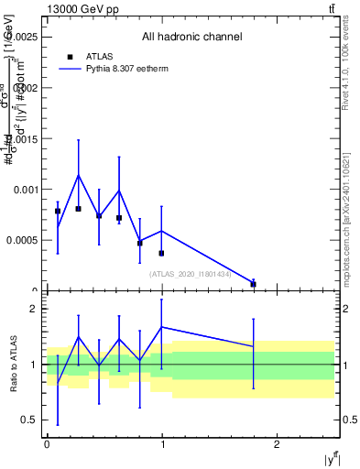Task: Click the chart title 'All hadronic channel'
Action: pyautogui.click(x=191, y=38)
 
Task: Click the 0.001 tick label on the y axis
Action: pyautogui.click(x=25, y=190)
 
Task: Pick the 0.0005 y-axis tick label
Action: pyautogui.click(x=22, y=240)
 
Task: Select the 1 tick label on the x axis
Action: pyautogui.click(x=161, y=445)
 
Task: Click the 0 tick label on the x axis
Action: pyautogui.click(x=47, y=445)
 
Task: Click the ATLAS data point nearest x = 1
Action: pyautogui.click(x=161, y=253)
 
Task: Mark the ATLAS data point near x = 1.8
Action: pyautogui.click(x=253, y=284)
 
